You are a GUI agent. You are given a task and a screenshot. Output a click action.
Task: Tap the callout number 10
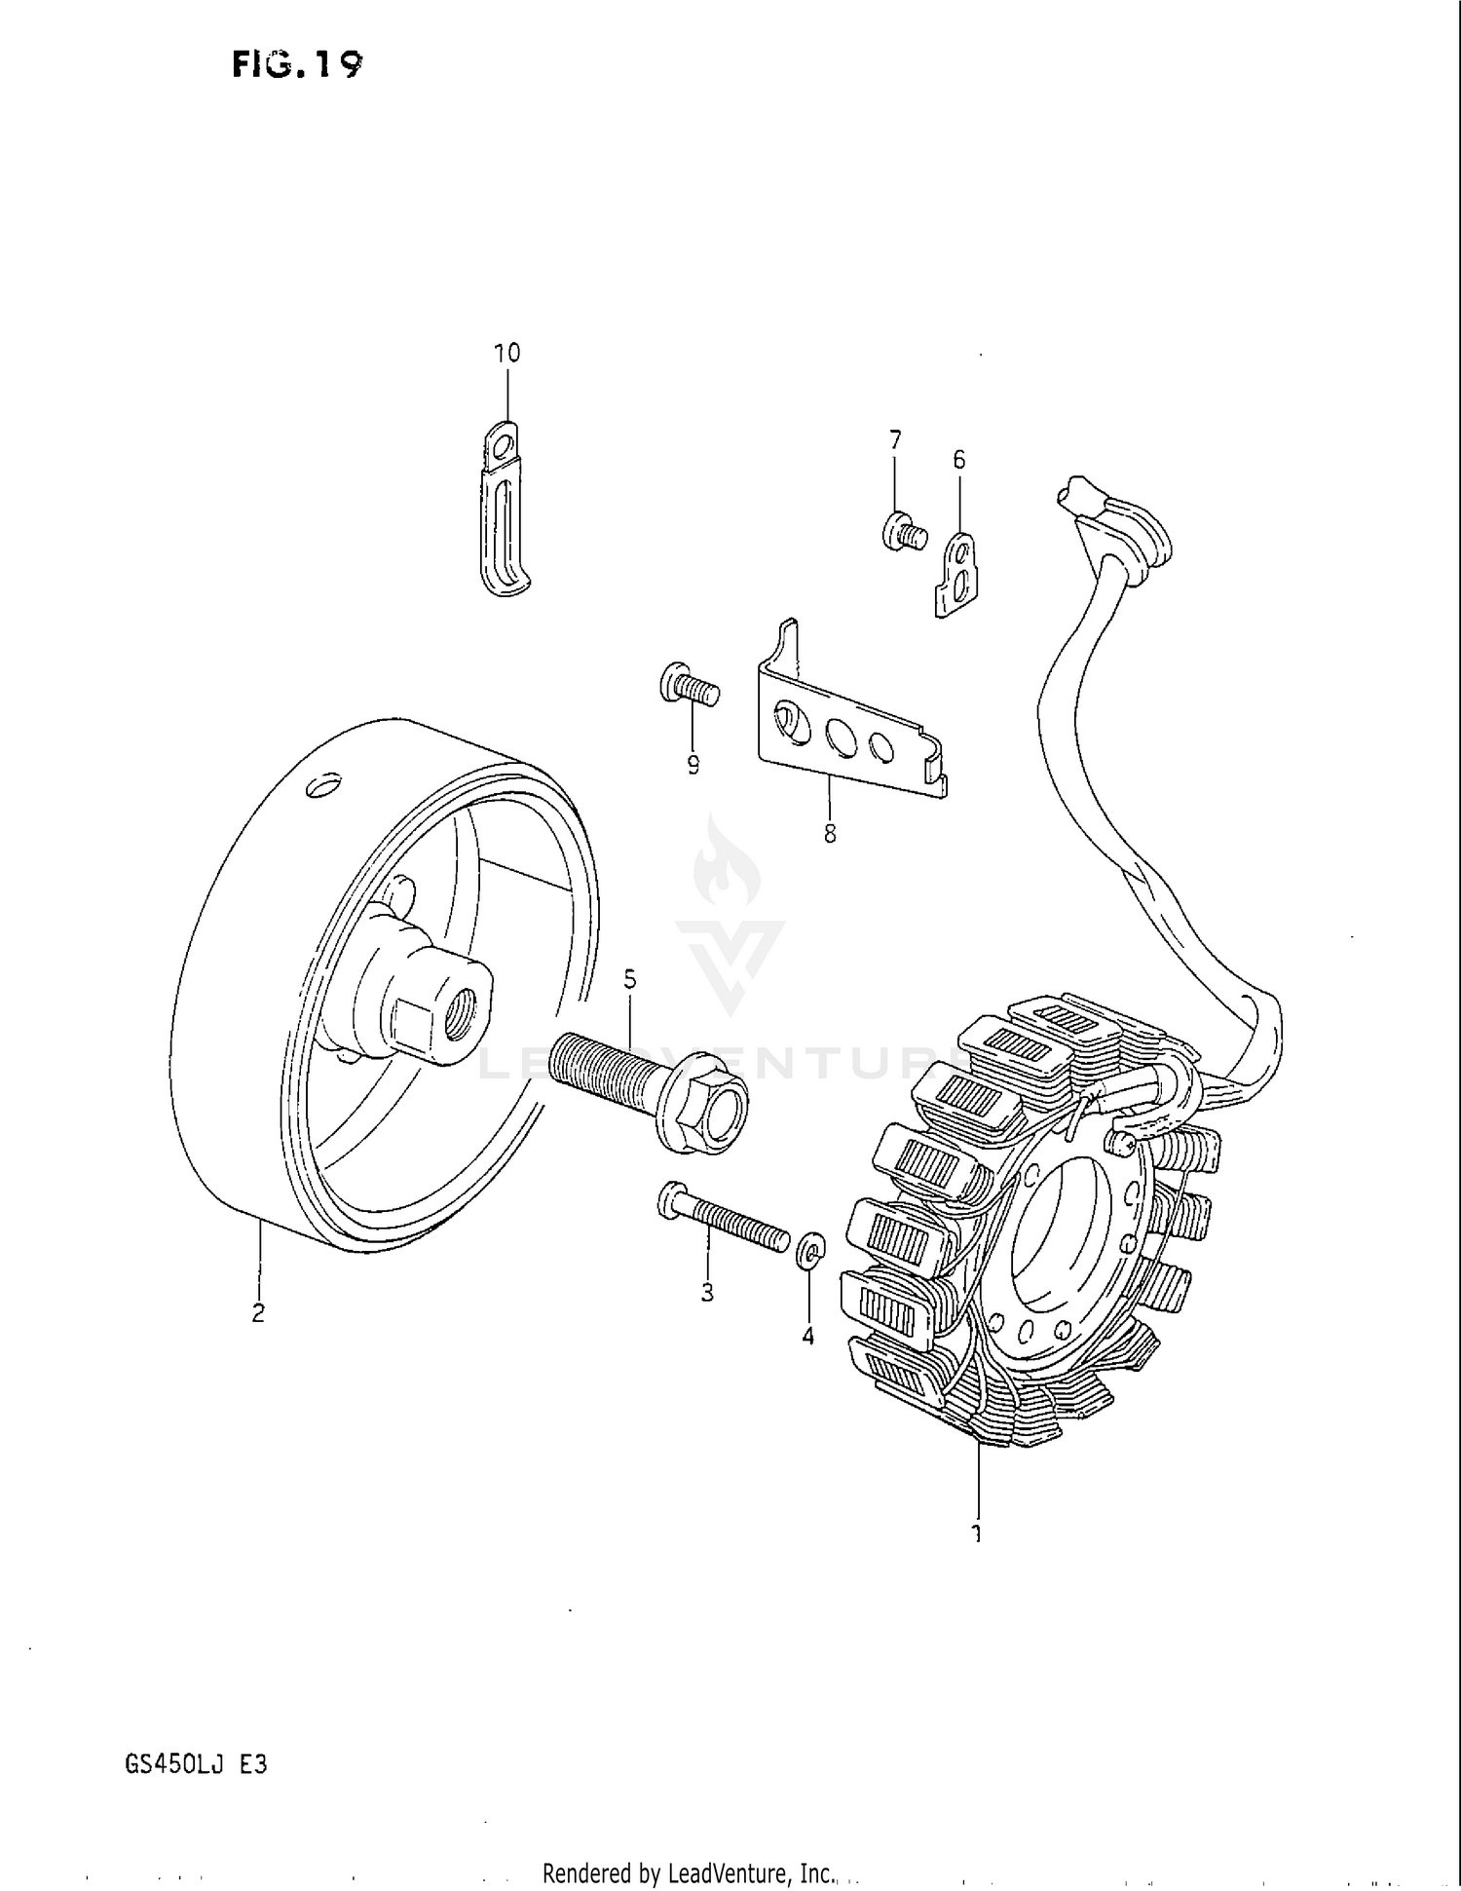[x=507, y=353]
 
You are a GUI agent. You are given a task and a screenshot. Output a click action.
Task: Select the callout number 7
[x=895, y=439]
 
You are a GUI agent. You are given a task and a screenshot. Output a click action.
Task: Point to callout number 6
[x=959, y=459]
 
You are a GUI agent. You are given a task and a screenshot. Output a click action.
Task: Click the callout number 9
[x=693, y=766]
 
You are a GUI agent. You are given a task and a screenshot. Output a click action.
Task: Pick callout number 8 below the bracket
[x=830, y=834]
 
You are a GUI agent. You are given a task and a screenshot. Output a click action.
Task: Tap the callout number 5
[x=630, y=979]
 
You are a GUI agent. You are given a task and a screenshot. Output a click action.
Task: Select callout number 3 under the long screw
[x=707, y=1293]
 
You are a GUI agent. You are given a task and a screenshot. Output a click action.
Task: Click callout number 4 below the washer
[x=808, y=1337]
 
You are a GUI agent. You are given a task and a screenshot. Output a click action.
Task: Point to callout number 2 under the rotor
[x=258, y=1313]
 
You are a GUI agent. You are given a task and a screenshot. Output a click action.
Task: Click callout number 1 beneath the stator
[x=976, y=1533]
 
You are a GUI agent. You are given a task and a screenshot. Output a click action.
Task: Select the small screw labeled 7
[x=901, y=532]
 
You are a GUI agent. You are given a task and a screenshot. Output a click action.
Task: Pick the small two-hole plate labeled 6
[x=958, y=574]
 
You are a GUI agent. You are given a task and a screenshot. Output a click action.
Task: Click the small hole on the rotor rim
[x=323, y=784]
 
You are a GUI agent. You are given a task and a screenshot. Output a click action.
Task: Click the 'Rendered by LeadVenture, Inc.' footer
[x=689, y=1872]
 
